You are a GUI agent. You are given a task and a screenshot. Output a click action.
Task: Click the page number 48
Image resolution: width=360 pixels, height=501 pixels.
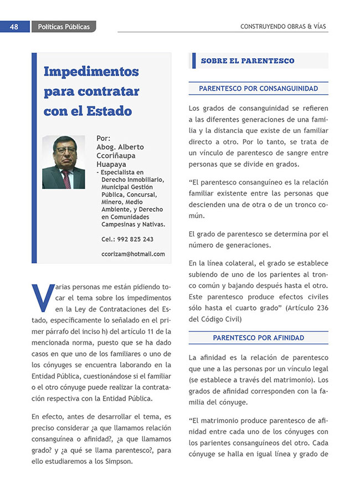[14, 27]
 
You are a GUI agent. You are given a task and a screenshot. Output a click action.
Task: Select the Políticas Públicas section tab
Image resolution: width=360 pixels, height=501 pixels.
[64, 27]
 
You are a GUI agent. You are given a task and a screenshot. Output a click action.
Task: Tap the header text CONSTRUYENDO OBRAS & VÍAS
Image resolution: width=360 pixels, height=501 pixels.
[284, 27]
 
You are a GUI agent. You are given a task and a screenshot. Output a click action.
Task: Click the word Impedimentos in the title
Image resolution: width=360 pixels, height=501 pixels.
[91, 71]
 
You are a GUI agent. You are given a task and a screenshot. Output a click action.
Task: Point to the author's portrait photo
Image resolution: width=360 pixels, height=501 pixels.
[63, 162]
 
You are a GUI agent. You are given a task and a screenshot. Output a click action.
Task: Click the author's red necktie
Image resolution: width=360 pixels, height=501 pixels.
[66, 178]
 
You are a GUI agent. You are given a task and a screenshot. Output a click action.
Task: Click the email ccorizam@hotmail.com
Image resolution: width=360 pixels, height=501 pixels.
[133, 254]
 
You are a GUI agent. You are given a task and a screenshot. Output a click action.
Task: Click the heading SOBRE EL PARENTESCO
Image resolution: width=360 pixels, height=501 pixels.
[248, 60]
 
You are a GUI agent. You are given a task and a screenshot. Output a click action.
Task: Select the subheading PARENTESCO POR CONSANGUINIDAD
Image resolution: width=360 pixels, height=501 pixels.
[258, 88]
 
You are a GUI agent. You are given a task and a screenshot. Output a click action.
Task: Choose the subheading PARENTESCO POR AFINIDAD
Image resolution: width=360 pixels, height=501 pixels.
[258, 338]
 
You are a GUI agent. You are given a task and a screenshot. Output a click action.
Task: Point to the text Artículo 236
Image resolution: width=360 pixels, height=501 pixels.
[307, 308]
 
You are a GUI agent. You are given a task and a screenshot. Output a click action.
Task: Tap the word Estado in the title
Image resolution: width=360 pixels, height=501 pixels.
[109, 111]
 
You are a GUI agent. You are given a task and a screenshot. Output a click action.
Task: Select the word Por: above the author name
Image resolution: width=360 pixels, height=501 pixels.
[103, 138]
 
